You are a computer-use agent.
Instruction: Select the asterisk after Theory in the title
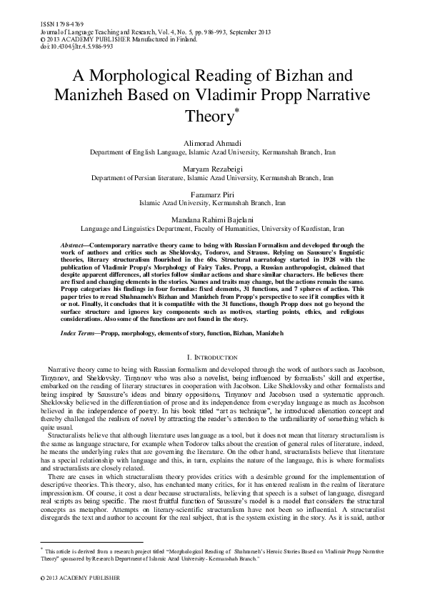(x=236, y=109)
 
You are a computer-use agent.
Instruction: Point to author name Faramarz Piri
(x=212, y=193)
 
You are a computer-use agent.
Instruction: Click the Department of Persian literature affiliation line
(x=212, y=177)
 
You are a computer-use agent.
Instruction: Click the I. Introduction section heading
(x=212, y=357)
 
